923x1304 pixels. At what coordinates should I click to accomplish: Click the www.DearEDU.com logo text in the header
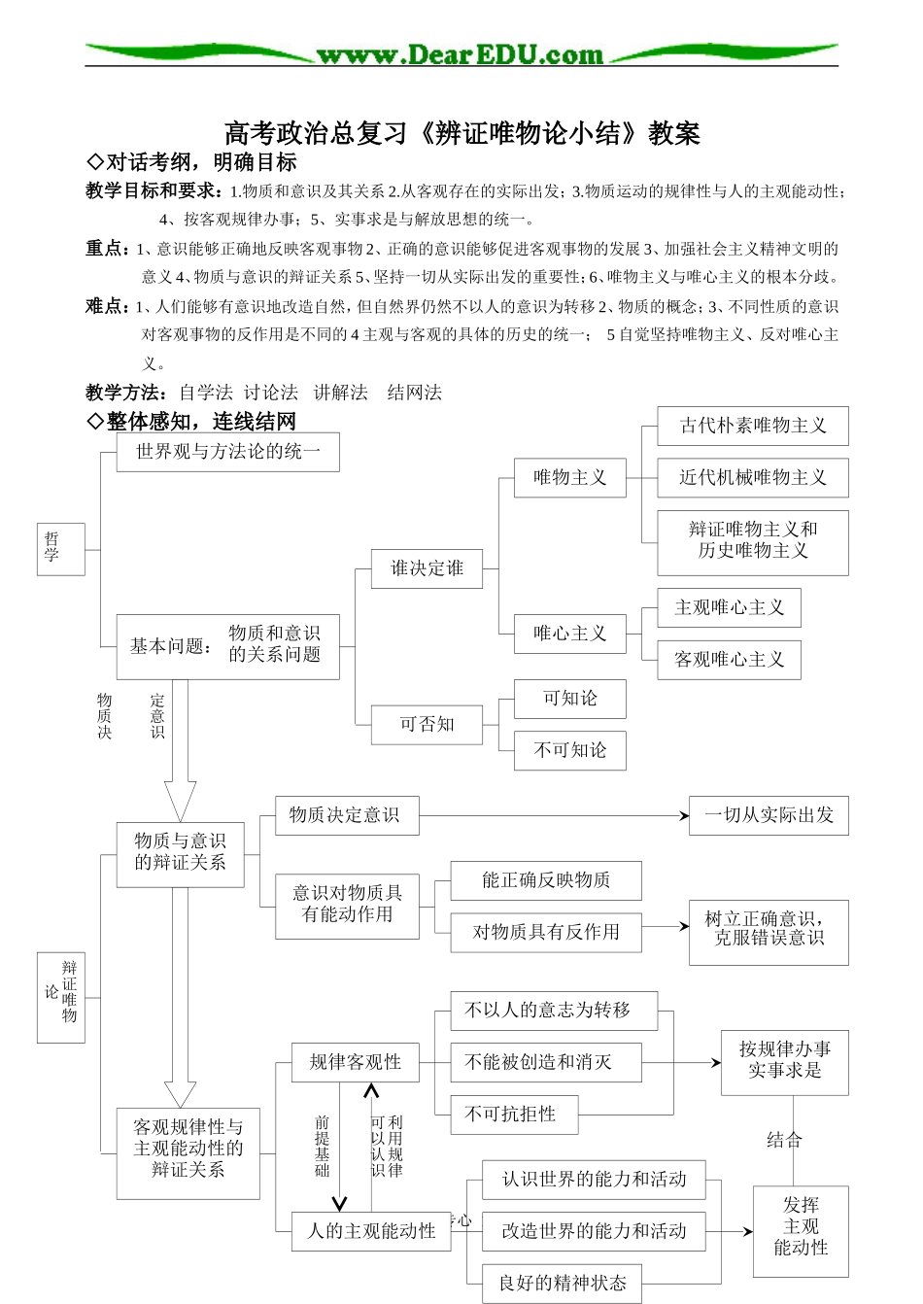click(x=460, y=54)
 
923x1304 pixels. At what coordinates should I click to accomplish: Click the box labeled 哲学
click(x=60, y=549)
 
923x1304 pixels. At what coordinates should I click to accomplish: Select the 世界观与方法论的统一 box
click(x=227, y=452)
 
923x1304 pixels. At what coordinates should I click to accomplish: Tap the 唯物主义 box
click(x=569, y=478)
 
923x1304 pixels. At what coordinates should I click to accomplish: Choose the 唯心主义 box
click(x=569, y=634)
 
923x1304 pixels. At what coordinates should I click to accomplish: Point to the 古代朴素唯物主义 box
click(x=752, y=426)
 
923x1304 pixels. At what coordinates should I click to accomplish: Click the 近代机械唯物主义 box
click(x=752, y=478)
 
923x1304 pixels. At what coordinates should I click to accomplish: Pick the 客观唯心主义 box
click(x=729, y=660)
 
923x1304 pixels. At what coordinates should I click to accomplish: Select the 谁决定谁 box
click(x=427, y=568)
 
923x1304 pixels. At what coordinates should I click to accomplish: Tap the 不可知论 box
click(x=569, y=750)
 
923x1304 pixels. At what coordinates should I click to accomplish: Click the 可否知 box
click(x=427, y=725)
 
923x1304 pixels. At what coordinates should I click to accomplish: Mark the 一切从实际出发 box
click(x=768, y=815)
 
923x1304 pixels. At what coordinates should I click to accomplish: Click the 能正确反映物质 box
click(x=545, y=880)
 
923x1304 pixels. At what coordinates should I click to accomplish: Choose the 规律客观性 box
click(x=355, y=1062)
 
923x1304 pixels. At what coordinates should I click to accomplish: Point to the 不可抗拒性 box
click(x=514, y=1115)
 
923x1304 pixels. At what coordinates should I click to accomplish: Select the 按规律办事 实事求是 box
click(x=784, y=1060)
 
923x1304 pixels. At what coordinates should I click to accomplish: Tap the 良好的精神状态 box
click(x=563, y=1283)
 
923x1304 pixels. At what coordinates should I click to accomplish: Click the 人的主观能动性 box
click(x=371, y=1231)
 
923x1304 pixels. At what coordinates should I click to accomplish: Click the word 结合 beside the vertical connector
click(x=783, y=1141)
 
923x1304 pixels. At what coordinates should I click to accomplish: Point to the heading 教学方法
click(x=125, y=393)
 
